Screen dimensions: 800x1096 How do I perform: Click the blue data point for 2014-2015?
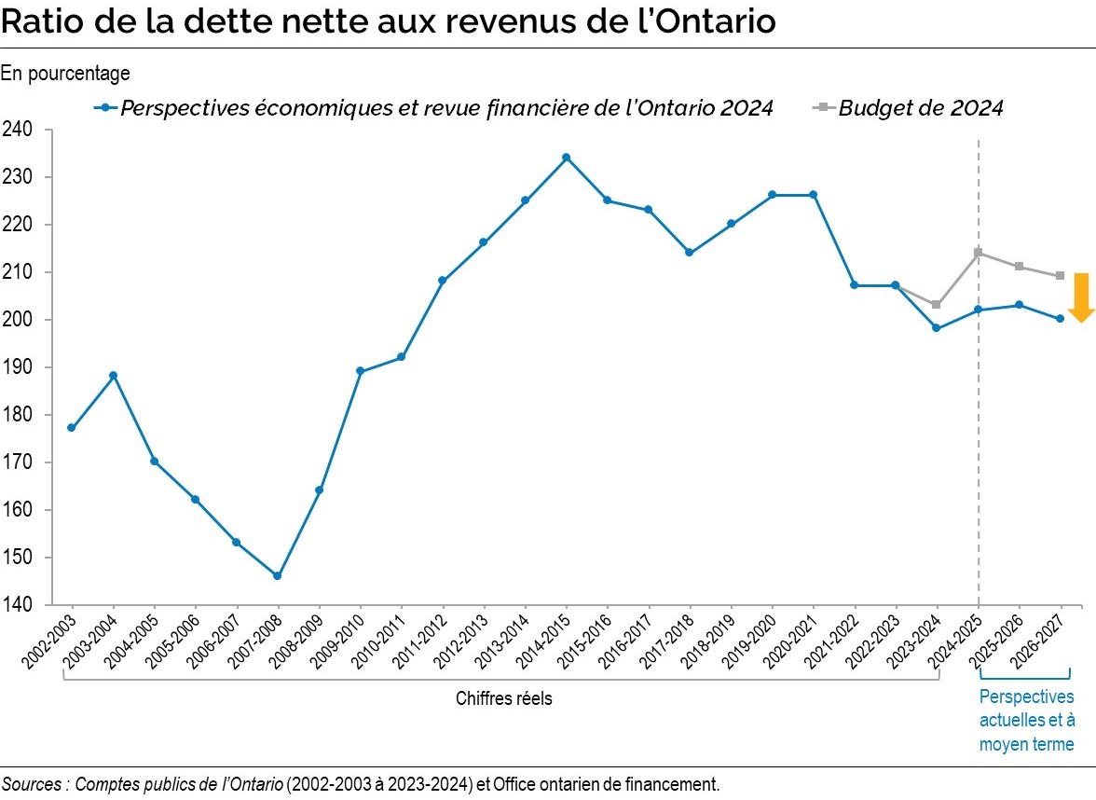pyautogui.click(x=566, y=158)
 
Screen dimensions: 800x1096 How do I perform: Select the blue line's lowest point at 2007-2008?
pyautogui.click(x=277, y=576)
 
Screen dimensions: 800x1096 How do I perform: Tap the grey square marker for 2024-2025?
pyautogui.click(x=978, y=253)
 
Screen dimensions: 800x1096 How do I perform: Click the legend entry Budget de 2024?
pyautogui.click(x=920, y=108)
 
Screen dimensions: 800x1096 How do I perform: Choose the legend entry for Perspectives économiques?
pyautogui.click(x=447, y=108)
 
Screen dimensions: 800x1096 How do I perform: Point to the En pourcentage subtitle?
pyautogui.click(x=65, y=73)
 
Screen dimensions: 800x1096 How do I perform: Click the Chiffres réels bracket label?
pyautogui.click(x=503, y=698)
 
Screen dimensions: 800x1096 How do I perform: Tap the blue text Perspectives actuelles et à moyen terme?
pyautogui.click(x=1026, y=721)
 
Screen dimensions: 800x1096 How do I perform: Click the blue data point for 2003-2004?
pyautogui.click(x=113, y=376)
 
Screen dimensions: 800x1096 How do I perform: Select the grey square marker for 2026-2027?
pyautogui.click(x=1060, y=276)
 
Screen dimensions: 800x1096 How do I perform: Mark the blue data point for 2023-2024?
pyautogui.click(x=936, y=328)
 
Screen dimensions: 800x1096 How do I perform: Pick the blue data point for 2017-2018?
pyautogui.click(x=689, y=253)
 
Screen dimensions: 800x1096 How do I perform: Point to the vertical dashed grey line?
pyautogui.click(x=978, y=420)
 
